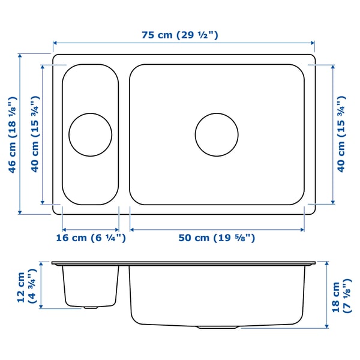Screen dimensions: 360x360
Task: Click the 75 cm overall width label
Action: (x=180, y=35)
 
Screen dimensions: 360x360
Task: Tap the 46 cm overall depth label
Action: (x=13, y=134)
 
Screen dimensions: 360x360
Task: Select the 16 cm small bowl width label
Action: (x=91, y=238)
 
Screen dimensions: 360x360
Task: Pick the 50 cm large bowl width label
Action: (x=217, y=238)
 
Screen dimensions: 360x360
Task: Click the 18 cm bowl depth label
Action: (x=341, y=296)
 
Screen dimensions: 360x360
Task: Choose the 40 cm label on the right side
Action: (x=341, y=134)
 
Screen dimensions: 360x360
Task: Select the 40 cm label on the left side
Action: (x=35, y=134)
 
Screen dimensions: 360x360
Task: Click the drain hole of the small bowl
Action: (x=91, y=135)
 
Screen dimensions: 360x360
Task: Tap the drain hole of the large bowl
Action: (x=217, y=135)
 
